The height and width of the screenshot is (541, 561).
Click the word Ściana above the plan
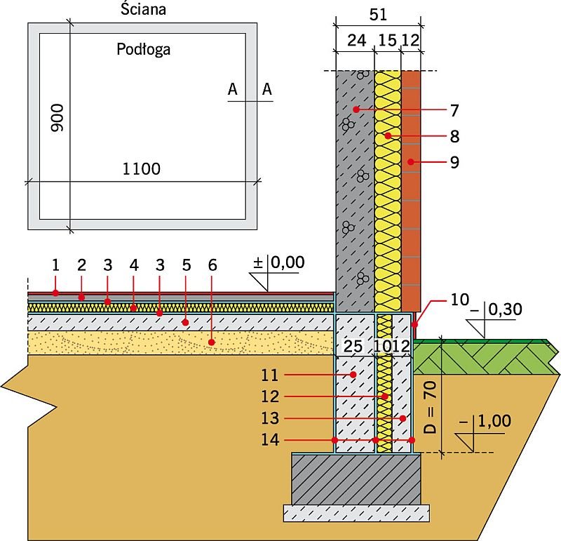[x=143, y=9]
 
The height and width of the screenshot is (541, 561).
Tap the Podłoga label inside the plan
[x=144, y=49]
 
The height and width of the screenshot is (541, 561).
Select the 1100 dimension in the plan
[x=142, y=169]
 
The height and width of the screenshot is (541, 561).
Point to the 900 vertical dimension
[x=57, y=118]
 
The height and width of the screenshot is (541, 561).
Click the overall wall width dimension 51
[x=378, y=15]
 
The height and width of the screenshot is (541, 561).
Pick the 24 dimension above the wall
[x=356, y=41]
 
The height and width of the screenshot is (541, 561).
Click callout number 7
[x=454, y=111]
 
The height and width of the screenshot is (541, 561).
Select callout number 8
[x=454, y=136]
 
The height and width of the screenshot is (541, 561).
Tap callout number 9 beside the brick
[x=454, y=163]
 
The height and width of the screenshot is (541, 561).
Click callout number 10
[x=460, y=300]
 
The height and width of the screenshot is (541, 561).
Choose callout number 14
[x=270, y=440]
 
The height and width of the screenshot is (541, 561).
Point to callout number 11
[x=270, y=375]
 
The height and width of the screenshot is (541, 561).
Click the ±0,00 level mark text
[x=278, y=262]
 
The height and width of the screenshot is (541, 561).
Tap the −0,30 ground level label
[x=496, y=309]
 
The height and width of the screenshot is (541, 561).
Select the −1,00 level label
[x=485, y=421]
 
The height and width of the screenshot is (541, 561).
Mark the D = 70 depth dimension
[x=431, y=408]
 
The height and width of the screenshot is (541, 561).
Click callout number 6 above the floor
[x=212, y=265]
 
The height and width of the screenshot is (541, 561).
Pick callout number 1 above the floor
[x=55, y=265]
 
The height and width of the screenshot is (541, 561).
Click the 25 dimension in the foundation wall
[x=353, y=346]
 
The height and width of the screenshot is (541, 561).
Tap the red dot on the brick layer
[x=411, y=162]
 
